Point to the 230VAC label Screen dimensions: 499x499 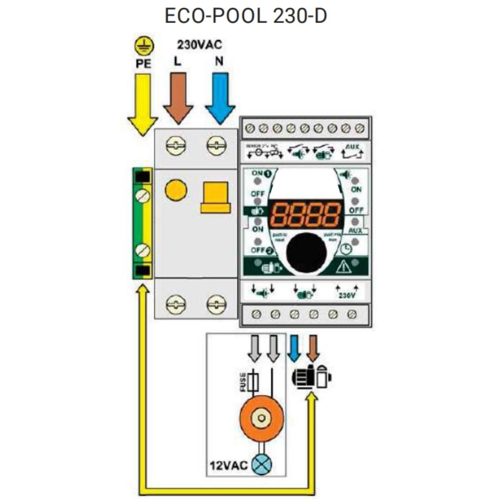tap(200, 45)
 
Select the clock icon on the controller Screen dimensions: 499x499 tap(347, 249)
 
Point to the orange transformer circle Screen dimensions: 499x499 tap(262, 419)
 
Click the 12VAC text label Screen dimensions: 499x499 tap(226, 463)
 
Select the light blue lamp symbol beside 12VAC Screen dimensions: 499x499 tap(262, 463)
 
